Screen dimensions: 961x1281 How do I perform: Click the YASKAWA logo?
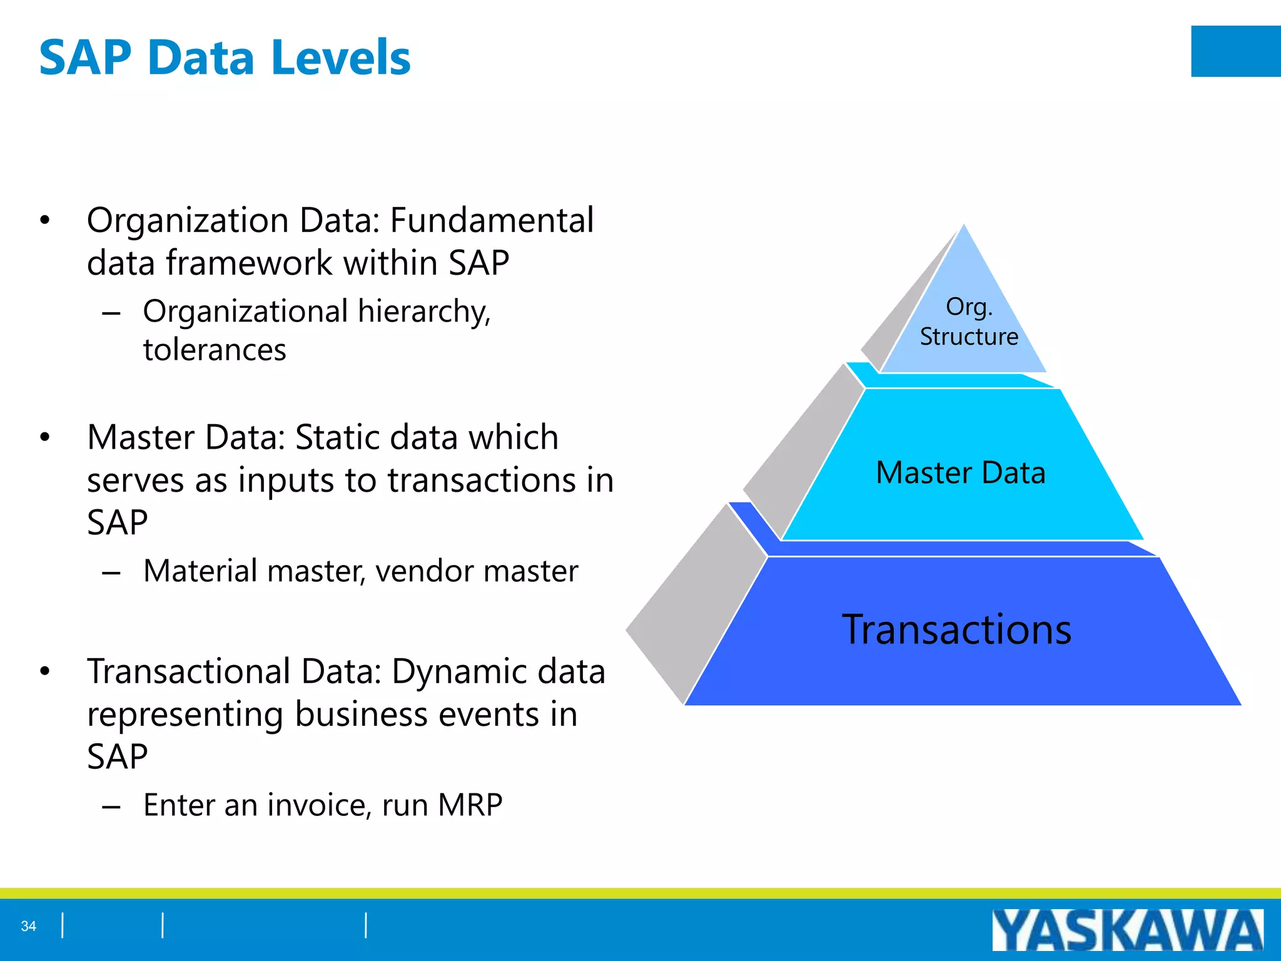pyautogui.click(x=1127, y=930)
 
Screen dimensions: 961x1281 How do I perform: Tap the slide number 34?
pyautogui.click(x=29, y=926)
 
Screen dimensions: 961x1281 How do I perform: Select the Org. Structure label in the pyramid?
pyautogui.click(x=969, y=322)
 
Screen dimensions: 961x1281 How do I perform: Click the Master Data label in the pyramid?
pyautogui.click(x=961, y=473)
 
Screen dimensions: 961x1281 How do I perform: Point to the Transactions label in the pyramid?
pyautogui.click(x=956, y=629)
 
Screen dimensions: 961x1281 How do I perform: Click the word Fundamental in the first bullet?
pyautogui.click(x=492, y=220)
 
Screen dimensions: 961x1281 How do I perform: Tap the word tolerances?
pyautogui.click(x=215, y=350)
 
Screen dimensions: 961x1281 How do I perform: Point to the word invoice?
pyautogui.click(x=316, y=805)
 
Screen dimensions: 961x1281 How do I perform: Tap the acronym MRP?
pyautogui.click(x=470, y=805)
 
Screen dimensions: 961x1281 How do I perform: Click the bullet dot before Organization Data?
pyautogui.click(x=44, y=220)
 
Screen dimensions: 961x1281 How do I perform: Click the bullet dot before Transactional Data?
pyautogui.click(x=44, y=672)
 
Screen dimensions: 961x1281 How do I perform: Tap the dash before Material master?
pyautogui.click(x=111, y=572)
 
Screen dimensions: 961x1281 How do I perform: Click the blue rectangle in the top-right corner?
pyautogui.click(x=1235, y=51)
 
